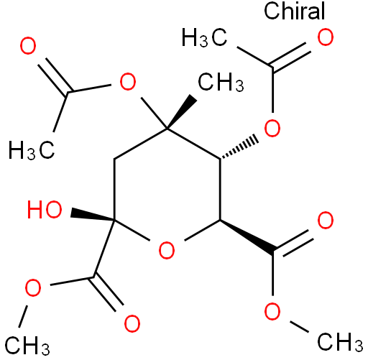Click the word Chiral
[x=295, y=11]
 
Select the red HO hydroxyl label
[x=45, y=210]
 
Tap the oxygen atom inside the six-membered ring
[x=167, y=250]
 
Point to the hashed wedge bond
[x=239, y=149]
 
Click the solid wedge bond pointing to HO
[x=92, y=214]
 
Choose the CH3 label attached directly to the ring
[x=221, y=82]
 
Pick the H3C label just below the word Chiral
[x=204, y=37]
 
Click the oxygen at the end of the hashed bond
[x=272, y=128]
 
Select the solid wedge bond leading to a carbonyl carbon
[x=247, y=236]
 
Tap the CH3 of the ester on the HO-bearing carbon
[x=27, y=345]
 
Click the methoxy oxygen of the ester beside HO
[x=33, y=287]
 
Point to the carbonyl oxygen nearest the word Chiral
[x=326, y=37]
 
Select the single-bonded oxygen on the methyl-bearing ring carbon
[x=128, y=82]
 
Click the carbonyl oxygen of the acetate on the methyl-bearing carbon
[x=28, y=45]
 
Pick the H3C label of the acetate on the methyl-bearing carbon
[x=32, y=151]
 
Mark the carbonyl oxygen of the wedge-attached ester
[x=326, y=220]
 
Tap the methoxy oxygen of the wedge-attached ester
[x=272, y=311]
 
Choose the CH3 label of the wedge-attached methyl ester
[x=340, y=342]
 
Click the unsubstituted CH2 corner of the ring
[x=114, y=159]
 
